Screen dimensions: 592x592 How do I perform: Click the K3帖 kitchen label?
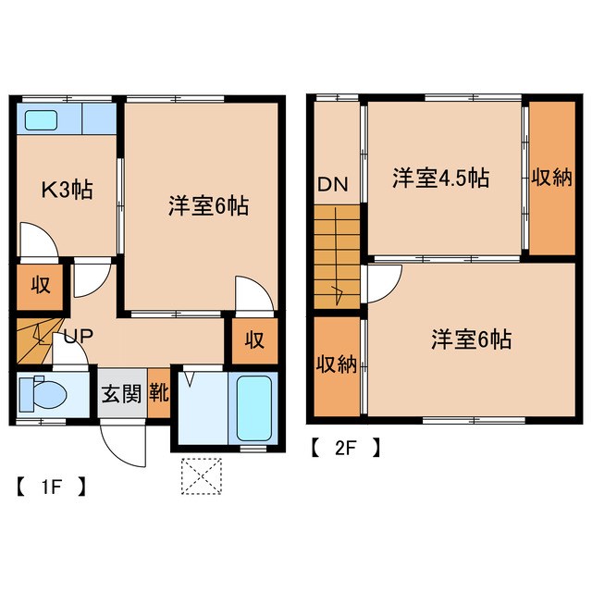tap(65, 192)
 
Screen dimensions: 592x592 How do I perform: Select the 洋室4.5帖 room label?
tap(439, 178)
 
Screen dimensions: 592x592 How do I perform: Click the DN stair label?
tap(333, 184)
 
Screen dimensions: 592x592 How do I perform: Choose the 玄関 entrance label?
tap(120, 392)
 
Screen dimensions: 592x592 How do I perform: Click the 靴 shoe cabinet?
tap(158, 392)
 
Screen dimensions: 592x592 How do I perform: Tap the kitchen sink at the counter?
tap(42, 119)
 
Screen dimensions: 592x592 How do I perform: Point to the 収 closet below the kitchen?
tap(41, 285)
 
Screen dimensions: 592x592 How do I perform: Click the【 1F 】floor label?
tap(50, 485)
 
